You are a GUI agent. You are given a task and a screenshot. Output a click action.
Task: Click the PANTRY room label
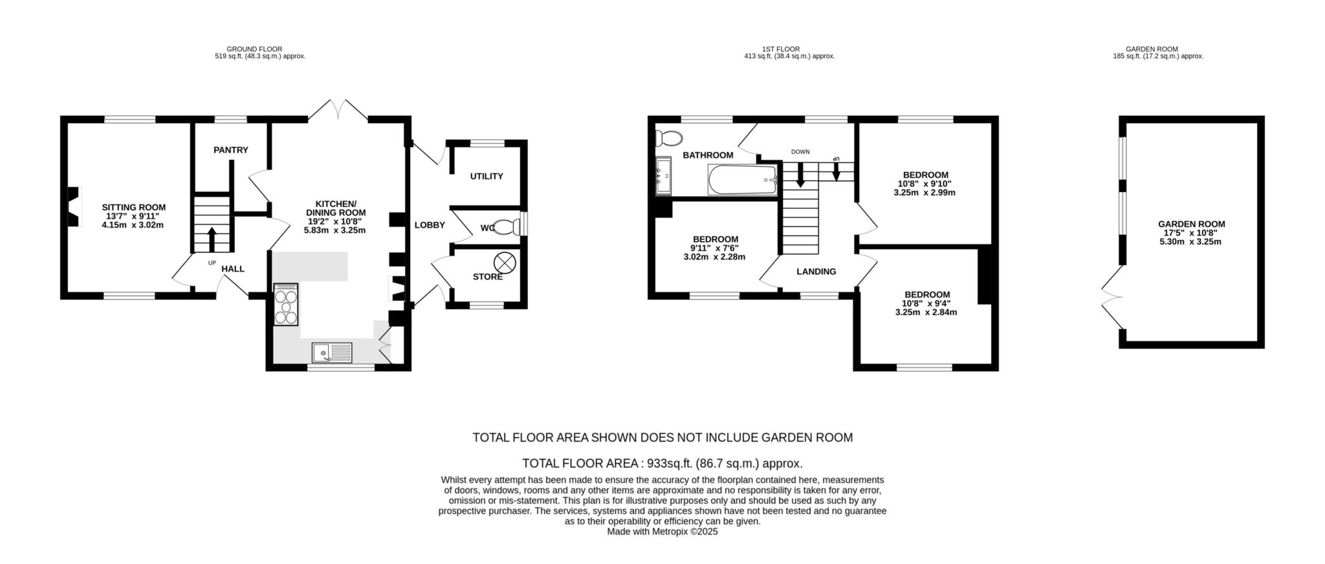click(x=231, y=150)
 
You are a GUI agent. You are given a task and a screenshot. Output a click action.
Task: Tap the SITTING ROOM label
click(x=134, y=208)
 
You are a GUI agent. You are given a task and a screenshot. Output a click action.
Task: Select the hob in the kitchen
click(x=286, y=303)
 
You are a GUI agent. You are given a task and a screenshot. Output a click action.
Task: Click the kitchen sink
click(x=332, y=353)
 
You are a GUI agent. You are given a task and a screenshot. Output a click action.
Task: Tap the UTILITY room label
click(x=487, y=177)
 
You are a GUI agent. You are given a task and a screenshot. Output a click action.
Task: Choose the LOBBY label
click(x=430, y=225)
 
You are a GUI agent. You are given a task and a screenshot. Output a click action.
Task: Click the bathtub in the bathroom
click(x=742, y=180)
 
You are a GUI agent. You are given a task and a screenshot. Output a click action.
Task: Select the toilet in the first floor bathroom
click(x=668, y=138)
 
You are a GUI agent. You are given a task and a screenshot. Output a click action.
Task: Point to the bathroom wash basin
click(x=664, y=175)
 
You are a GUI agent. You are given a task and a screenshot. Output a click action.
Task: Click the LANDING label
click(x=816, y=272)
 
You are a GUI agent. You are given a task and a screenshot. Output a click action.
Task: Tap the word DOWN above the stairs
click(x=800, y=152)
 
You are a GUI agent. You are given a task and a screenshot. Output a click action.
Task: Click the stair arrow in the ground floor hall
click(x=211, y=239)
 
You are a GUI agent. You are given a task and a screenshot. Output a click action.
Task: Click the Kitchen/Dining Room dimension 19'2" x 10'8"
click(x=336, y=221)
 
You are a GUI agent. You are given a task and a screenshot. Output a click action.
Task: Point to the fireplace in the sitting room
click(x=74, y=206)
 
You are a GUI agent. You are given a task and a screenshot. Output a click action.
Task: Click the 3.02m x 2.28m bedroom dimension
click(x=714, y=257)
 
